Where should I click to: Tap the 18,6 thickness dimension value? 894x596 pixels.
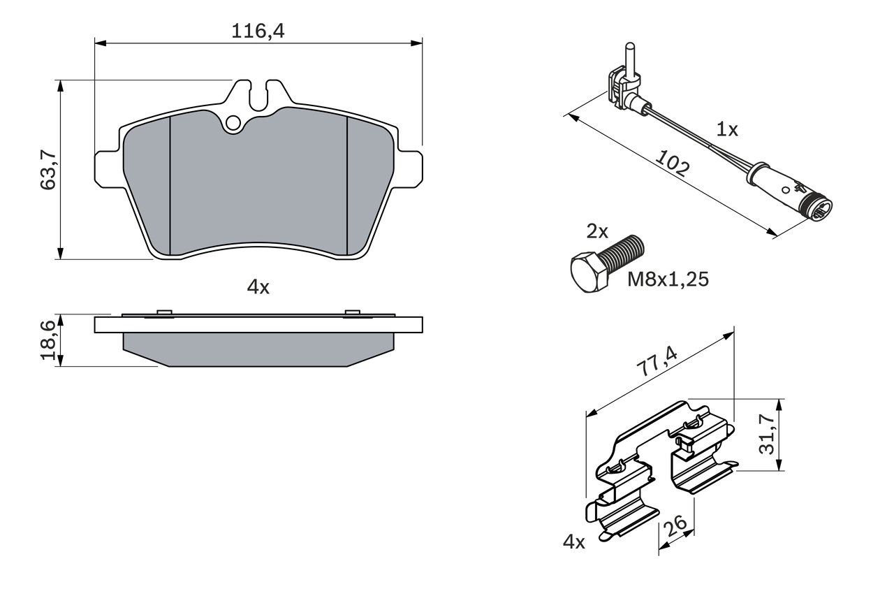(48, 340)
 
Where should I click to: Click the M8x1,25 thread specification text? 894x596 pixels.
(668, 279)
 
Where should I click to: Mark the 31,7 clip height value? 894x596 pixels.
(768, 435)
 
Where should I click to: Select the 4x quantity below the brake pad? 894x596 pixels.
(258, 286)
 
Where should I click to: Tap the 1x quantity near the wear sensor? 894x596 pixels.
(727, 129)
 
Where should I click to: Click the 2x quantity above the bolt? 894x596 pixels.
(597, 232)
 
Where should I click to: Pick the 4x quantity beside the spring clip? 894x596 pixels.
(574, 542)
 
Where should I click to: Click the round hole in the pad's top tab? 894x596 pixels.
(233, 124)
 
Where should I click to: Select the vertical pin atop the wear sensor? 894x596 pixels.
(629, 57)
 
